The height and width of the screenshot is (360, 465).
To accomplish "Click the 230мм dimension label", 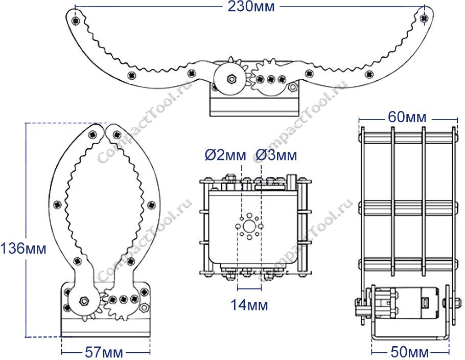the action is click(251, 7).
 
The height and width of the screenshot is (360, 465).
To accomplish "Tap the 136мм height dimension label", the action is click(23, 248).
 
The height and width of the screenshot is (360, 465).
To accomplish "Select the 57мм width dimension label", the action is click(104, 352).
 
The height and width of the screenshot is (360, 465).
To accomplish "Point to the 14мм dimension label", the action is click(249, 305).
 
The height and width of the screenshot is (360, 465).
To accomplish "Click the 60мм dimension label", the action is click(407, 118).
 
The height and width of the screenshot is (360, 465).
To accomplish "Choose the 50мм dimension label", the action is click(409, 352).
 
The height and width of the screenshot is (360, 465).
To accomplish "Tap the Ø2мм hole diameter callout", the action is click(225, 155).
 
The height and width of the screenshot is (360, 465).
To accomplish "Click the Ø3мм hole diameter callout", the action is click(276, 155).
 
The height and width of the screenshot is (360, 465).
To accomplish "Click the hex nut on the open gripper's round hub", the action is click(231, 79).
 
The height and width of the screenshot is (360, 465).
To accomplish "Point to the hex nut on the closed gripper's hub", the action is click(84, 301).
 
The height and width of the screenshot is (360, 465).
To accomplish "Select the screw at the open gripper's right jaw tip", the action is click(424, 18).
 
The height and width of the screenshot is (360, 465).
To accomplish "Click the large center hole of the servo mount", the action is click(249, 227).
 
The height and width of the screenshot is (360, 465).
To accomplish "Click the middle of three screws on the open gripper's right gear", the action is click(271, 79).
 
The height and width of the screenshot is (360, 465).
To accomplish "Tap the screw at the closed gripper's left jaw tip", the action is click(93, 134).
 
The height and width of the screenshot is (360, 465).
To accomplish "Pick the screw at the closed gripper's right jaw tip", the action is click(117, 135).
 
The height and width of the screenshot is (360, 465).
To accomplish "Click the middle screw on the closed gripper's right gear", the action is click(123, 299).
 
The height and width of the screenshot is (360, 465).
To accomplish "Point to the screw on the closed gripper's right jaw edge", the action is click(152, 205).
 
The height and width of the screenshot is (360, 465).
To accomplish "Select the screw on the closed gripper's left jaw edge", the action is click(57, 204).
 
